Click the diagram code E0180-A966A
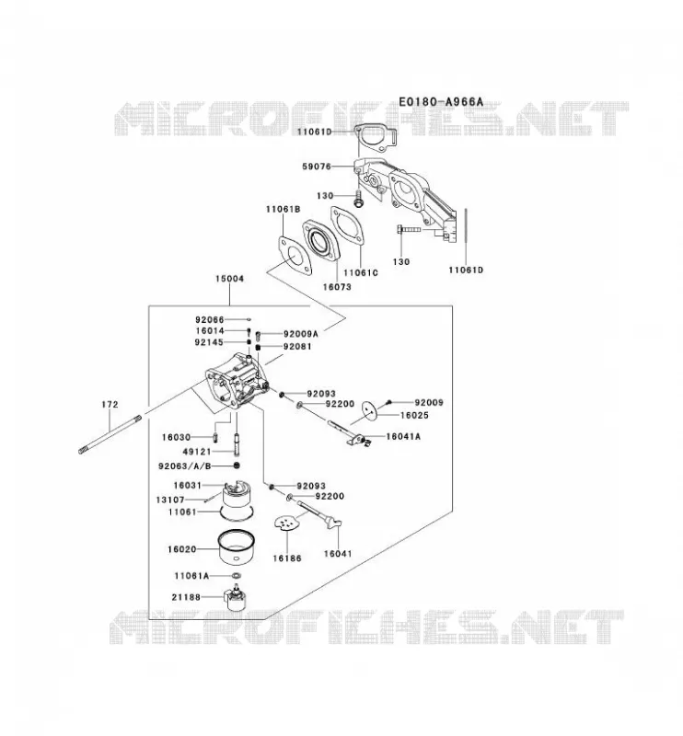(441, 102)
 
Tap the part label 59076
(317, 167)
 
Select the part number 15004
(229, 279)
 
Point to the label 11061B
(283, 209)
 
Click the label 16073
(337, 286)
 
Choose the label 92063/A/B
(185, 466)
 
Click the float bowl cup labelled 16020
(237, 547)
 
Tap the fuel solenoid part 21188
(236, 597)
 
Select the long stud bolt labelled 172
(110, 434)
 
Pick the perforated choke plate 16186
(286, 523)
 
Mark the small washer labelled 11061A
(236, 576)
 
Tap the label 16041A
(403, 436)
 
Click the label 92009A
(301, 334)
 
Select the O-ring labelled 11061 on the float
(237, 513)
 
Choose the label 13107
(170, 500)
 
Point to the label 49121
(196, 452)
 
